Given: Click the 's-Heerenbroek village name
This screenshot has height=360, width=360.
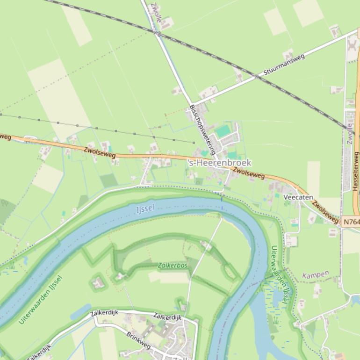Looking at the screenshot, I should pos(219,163).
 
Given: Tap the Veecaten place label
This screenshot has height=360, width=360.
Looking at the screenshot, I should pos(298,198).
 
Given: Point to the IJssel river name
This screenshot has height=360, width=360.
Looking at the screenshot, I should pos(145,209).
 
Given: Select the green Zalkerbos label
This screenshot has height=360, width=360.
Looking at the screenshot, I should pos(173,265).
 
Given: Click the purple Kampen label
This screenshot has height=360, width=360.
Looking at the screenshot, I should pos(316,274).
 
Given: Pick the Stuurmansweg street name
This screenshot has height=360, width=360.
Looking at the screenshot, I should pos(284,65).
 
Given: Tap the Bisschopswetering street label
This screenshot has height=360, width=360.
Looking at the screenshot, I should pos(202,130).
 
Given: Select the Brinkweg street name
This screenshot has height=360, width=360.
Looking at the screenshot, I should pos(138,341).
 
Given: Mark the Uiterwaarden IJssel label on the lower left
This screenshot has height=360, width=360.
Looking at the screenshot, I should pos(41,300).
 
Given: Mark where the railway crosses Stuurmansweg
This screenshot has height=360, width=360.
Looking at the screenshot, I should pos(256,76).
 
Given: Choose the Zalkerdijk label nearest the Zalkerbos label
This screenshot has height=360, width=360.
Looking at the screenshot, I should pos(167,317).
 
